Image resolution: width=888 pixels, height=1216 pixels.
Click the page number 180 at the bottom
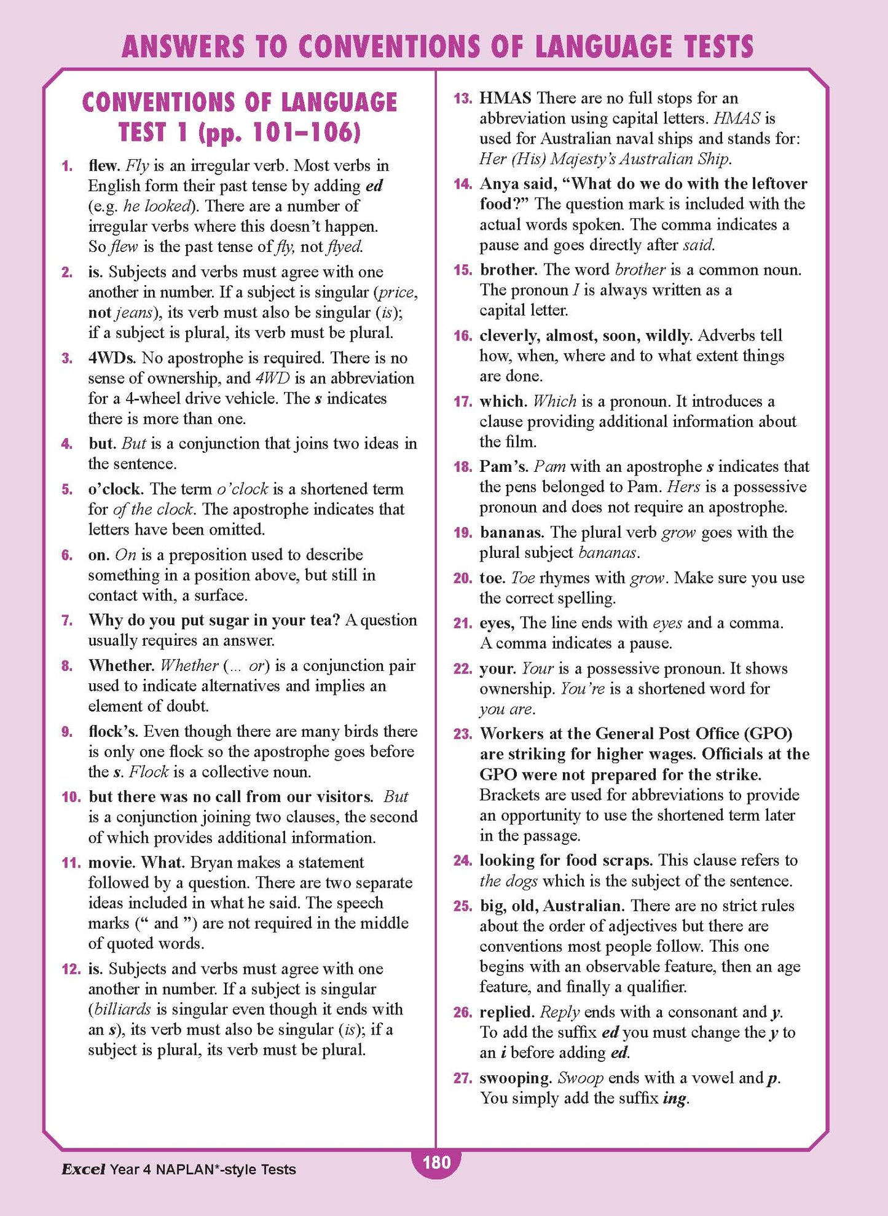(x=437, y=1162)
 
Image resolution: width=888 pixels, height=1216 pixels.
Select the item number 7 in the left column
(x=67, y=621)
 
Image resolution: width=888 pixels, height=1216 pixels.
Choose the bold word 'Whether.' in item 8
(x=121, y=665)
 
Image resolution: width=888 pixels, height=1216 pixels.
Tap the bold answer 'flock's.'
(x=116, y=731)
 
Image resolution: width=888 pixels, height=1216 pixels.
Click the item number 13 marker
(x=463, y=98)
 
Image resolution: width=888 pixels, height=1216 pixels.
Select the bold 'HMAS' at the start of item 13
(x=505, y=98)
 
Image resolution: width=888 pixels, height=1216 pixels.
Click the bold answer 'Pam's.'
(x=504, y=467)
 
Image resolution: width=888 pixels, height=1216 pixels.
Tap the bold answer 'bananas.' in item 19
(x=512, y=532)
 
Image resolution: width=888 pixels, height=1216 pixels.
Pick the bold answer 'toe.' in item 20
(x=493, y=578)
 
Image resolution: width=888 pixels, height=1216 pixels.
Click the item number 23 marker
(x=463, y=734)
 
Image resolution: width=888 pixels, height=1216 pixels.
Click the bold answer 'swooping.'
(x=516, y=1078)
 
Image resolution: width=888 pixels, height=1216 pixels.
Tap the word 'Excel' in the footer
(x=83, y=1169)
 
